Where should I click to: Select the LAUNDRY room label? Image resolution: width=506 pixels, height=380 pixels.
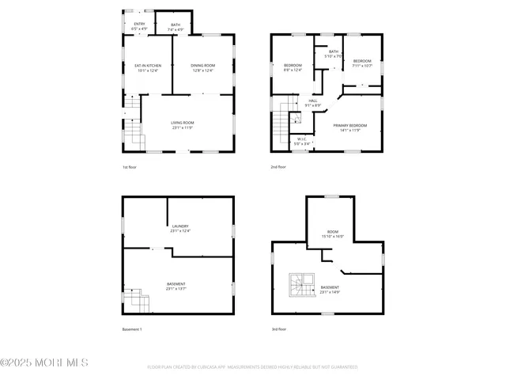[180, 229]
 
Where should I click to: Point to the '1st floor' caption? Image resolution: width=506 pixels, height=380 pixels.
[130, 167]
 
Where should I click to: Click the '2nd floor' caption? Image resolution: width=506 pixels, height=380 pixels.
[278, 167]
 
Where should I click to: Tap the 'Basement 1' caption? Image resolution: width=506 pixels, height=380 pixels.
[132, 329]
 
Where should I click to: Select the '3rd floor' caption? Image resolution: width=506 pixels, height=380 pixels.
[278, 329]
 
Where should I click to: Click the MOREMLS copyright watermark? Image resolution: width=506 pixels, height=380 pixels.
[44, 363]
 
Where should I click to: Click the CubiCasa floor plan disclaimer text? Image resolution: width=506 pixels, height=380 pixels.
[252, 367]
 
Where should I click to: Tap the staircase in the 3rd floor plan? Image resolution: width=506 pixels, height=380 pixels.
[300, 287]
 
